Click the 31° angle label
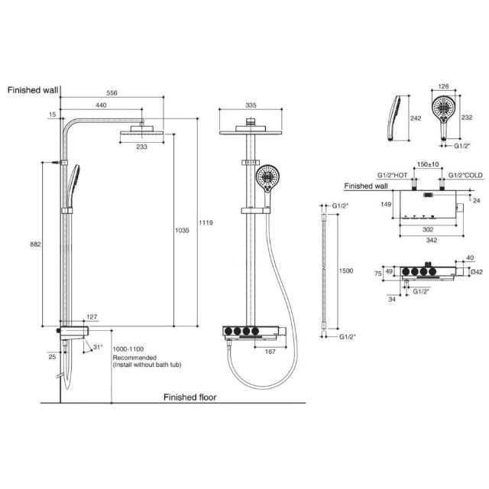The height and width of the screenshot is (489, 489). [x=97, y=347]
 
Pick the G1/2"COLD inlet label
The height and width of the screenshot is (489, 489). [x=465, y=175]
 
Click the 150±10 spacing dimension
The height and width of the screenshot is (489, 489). [x=428, y=164]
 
